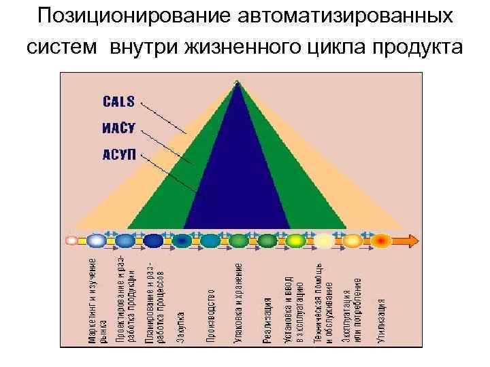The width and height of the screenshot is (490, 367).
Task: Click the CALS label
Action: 118,102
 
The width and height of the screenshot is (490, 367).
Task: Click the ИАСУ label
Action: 118,127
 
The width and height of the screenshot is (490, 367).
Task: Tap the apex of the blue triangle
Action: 236,84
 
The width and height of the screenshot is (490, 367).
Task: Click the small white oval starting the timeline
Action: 71,241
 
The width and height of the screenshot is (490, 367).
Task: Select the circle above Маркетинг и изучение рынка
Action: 97,241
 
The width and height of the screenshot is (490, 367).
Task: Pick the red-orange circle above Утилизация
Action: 380,241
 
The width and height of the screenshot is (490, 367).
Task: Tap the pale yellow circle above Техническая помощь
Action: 324,241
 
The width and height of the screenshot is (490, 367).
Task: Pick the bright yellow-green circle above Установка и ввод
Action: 295,241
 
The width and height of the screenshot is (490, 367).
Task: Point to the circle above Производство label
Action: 210,241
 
